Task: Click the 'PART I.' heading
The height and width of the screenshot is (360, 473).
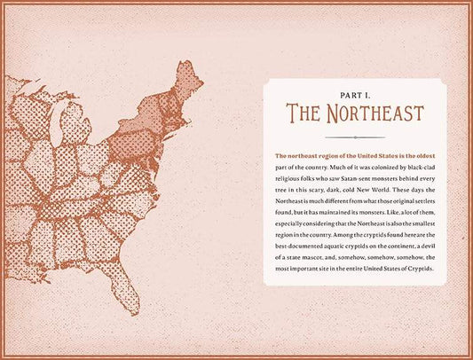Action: (355, 93)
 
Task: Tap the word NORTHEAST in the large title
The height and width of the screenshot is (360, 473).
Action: (372, 113)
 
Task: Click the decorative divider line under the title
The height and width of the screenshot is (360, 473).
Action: (355, 137)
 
